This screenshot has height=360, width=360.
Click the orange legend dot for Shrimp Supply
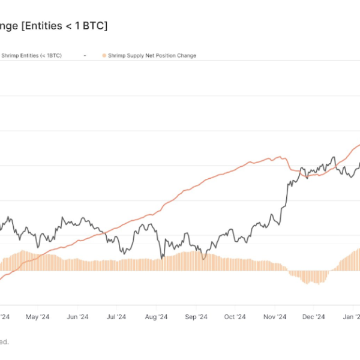tap(104, 56)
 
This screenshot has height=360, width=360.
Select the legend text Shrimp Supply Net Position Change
tap(152, 56)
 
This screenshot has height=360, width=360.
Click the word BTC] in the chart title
tap(95, 26)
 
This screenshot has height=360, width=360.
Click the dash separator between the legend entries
tap(85, 56)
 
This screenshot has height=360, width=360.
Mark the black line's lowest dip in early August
tap(161, 258)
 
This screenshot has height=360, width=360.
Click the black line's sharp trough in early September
tap(203, 259)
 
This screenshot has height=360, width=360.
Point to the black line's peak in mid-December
tap(334, 158)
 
